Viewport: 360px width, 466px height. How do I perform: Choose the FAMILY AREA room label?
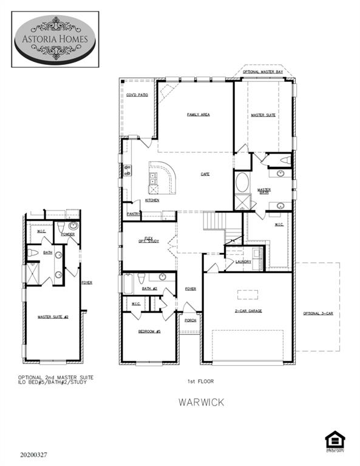click(x=198, y=114)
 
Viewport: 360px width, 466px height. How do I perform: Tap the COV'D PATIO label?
click(x=137, y=95)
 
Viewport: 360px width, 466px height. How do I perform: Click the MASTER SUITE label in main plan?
click(x=263, y=115)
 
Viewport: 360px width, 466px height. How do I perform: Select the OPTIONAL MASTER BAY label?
click(x=263, y=72)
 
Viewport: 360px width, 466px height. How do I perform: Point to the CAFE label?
click(x=205, y=174)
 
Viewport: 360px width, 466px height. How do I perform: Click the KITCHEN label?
click(x=152, y=200)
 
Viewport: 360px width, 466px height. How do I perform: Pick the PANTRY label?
click(x=134, y=214)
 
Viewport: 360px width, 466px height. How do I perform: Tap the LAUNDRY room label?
click(x=243, y=262)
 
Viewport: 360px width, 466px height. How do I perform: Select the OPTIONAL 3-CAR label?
click(x=318, y=313)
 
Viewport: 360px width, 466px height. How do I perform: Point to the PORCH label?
click(x=190, y=320)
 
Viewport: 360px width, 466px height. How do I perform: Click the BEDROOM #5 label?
click(x=149, y=331)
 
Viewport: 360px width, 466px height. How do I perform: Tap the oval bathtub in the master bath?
click(x=242, y=182)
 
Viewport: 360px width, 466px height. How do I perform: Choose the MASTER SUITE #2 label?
click(x=52, y=317)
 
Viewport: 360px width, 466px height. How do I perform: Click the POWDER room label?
click(x=67, y=234)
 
